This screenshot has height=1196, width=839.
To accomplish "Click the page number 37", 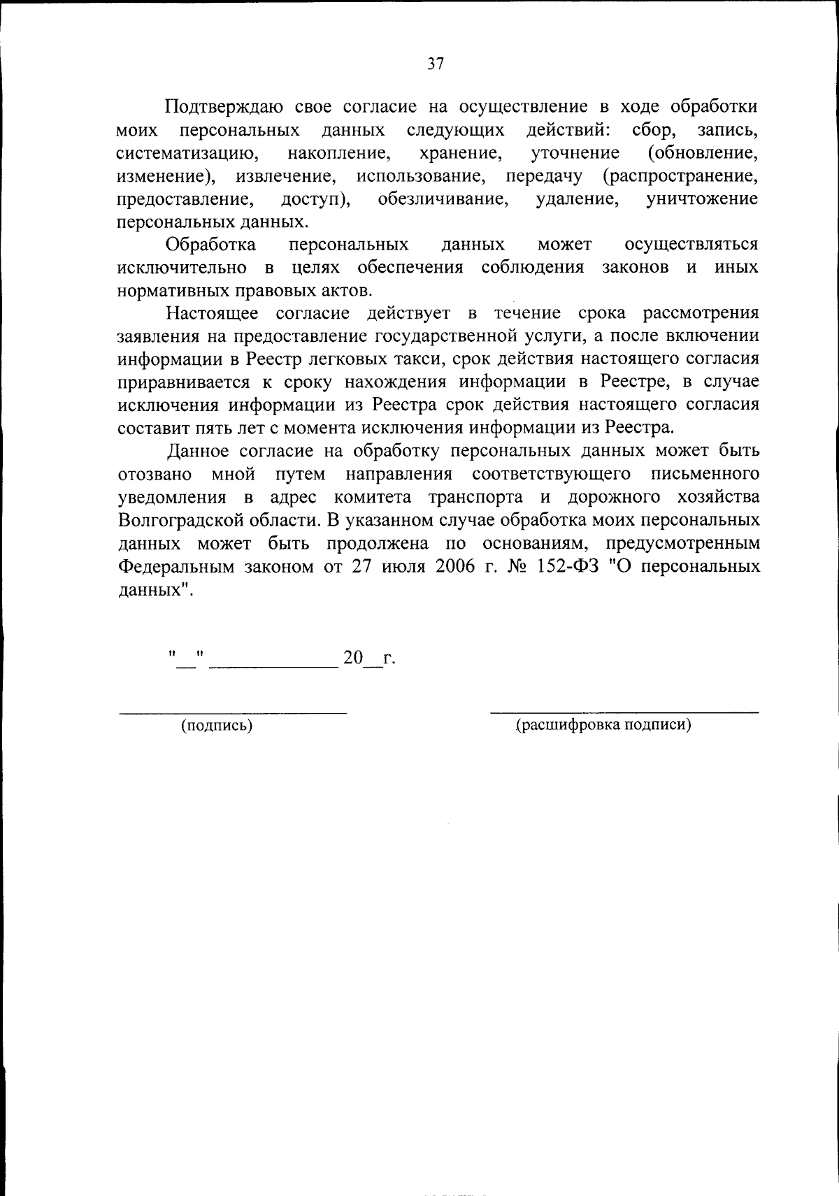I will pyautogui.click(x=435, y=64).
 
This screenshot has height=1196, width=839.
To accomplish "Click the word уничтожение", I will pyautogui.click(x=702, y=199).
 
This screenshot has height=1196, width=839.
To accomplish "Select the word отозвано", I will pyautogui.click(x=155, y=474).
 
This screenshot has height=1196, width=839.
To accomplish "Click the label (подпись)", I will pyautogui.click(x=217, y=726).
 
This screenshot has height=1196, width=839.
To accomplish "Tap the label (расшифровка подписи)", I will pyautogui.click(x=603, y=725).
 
